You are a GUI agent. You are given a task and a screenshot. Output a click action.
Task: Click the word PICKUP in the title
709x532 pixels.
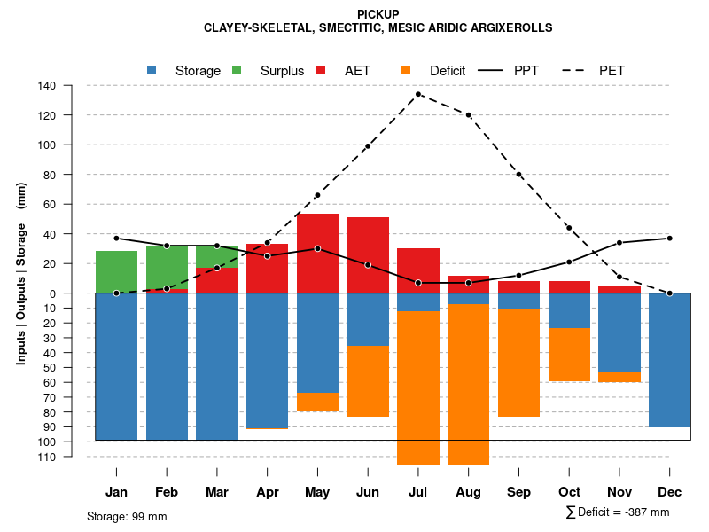pyautogui.click(x=378, y=14)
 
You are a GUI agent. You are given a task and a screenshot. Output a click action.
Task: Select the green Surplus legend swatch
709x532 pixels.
pyautogui.click(x=237, y=70)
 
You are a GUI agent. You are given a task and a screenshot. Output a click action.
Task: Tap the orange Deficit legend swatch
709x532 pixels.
pyautogui.click(x=406, y=70)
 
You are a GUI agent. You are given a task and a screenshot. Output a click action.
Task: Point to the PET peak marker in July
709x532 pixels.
pyautogui.click(x=418, y=94)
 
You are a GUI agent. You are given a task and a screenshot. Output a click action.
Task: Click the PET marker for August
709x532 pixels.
pyautogui.click(x=468, y=114)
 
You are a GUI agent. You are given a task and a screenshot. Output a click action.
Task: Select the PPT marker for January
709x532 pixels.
pyautogui.click(x=116, y=239)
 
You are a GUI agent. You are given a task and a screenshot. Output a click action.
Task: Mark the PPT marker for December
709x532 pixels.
pyautogui.click(x=670, y=238)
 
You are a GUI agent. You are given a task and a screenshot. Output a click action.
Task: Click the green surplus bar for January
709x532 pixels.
pyautogui.click(x=116, y=271)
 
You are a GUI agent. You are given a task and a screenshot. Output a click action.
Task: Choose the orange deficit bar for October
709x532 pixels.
pyautogui.click(x=569, y=355)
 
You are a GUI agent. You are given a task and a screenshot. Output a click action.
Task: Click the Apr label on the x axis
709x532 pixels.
pyautogui.click(x=268, y=492)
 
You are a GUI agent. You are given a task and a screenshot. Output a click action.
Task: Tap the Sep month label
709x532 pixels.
pyautogui.click(x=519, y=492)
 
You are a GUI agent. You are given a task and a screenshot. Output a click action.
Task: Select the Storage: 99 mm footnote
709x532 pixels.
pyautogui.click(x=127, y=516)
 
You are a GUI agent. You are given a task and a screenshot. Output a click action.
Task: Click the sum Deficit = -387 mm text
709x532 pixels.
pyautogui.click(x=618, y=512)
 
